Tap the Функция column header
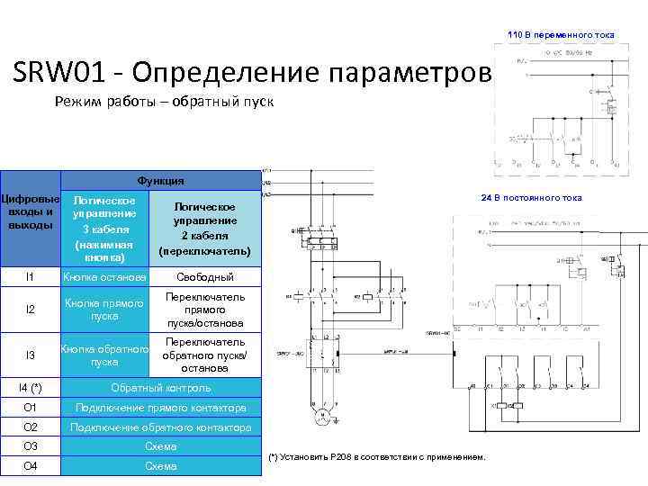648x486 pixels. coord(161,181)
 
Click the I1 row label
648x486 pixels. coord(30,276)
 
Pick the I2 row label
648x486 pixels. coord(30,310)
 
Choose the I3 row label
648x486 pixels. coord(30,355)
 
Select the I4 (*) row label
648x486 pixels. coord(30,388)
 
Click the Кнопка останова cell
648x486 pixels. coord(104,277)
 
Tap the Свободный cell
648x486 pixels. coord(204,277)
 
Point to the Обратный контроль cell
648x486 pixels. coord(161,388)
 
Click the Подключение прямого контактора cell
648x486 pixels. coord(161,408)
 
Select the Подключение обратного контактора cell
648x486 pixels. coord(161,427)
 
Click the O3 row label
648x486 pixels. coord(30,446)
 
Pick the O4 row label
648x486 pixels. coord(30,466)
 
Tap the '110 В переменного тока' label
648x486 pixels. coord(561,34)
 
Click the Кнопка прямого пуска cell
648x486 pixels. coord(104,310)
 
